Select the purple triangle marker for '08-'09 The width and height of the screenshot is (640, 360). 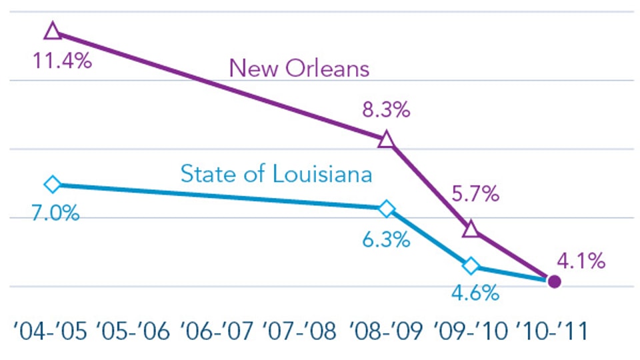[x=386, y=140]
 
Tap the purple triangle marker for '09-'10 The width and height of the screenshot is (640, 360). [x=471, y=229]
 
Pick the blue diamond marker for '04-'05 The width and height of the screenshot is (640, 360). [x=53, y=184]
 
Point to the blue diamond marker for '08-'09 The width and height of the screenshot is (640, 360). [x=386, y=209]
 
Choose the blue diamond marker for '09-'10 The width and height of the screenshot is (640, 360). [x=471, y=266]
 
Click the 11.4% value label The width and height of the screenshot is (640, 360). [x=62, y=62]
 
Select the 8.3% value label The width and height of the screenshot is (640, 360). [x=386, y=110]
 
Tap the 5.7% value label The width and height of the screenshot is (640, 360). [x=476, y=195]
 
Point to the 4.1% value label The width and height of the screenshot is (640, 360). [x=582, y=261]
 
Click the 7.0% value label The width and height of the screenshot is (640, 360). [x=55, y=215]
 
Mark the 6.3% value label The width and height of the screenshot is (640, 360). [x=386, y=239]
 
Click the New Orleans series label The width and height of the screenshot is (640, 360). [x=299, y=69]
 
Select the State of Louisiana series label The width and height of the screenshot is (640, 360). [x=276, y=175]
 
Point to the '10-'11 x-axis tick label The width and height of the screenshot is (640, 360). [x=552, y=330]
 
